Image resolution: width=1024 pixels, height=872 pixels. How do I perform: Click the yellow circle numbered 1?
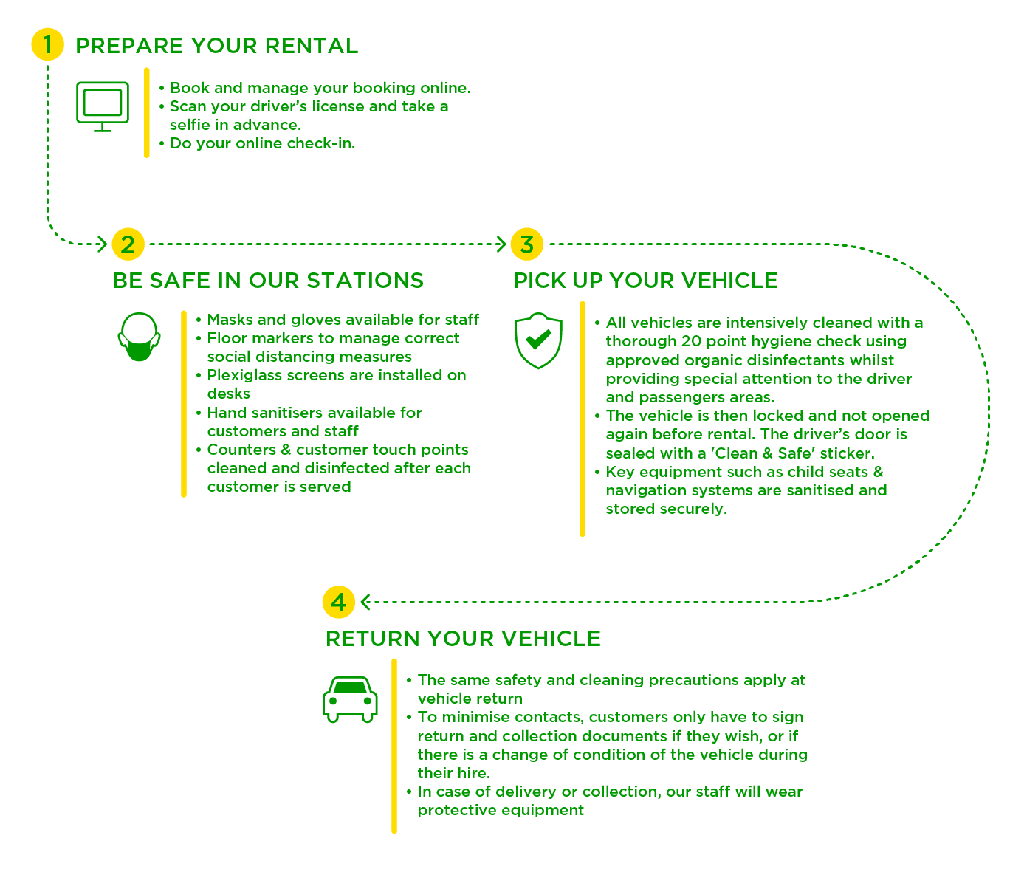pyautogui.click(x=47, y=45)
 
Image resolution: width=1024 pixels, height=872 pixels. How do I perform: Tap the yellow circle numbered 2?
pyautogui.click(x=128, y=244)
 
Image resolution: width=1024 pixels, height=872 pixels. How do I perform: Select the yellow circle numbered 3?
pyautogui.click(x=526, y=244)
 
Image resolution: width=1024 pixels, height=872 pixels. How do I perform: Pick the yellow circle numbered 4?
pyautogui.click(x=339, y=602)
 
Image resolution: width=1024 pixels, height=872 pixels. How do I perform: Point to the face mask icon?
pyautogui.click(x=139, y=338)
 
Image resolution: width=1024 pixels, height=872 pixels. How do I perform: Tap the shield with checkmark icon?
pyautogui.click(x=538, y=340)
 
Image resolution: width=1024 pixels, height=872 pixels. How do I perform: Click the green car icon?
pyautogui.click(x=350, y=699)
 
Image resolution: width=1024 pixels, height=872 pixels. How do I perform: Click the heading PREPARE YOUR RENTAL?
pyautogui.click(x=216, y=46)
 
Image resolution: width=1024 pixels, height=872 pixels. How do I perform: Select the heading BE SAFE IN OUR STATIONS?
pyautogui.click(x=268, y=281)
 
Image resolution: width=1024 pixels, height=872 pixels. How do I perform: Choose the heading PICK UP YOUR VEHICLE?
pyautogui.click(x=646, y=281)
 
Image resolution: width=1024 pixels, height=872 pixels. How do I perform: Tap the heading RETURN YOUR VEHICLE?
pyautogui.click(x=463, y=639)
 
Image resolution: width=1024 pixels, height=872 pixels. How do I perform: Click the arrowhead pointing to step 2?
pyautogui.click(x=103, y=244)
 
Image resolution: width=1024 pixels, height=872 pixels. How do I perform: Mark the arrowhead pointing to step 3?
pyautogui.click(x=501, y=244)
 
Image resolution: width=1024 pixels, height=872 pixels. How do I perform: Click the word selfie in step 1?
pyautogui.click(x=190, y=125)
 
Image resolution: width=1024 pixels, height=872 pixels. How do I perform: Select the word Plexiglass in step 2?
pyautogui.click(x=241, y=376)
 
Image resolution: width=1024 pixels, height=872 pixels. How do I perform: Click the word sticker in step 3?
pyautogui.click(x=846, y=453)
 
